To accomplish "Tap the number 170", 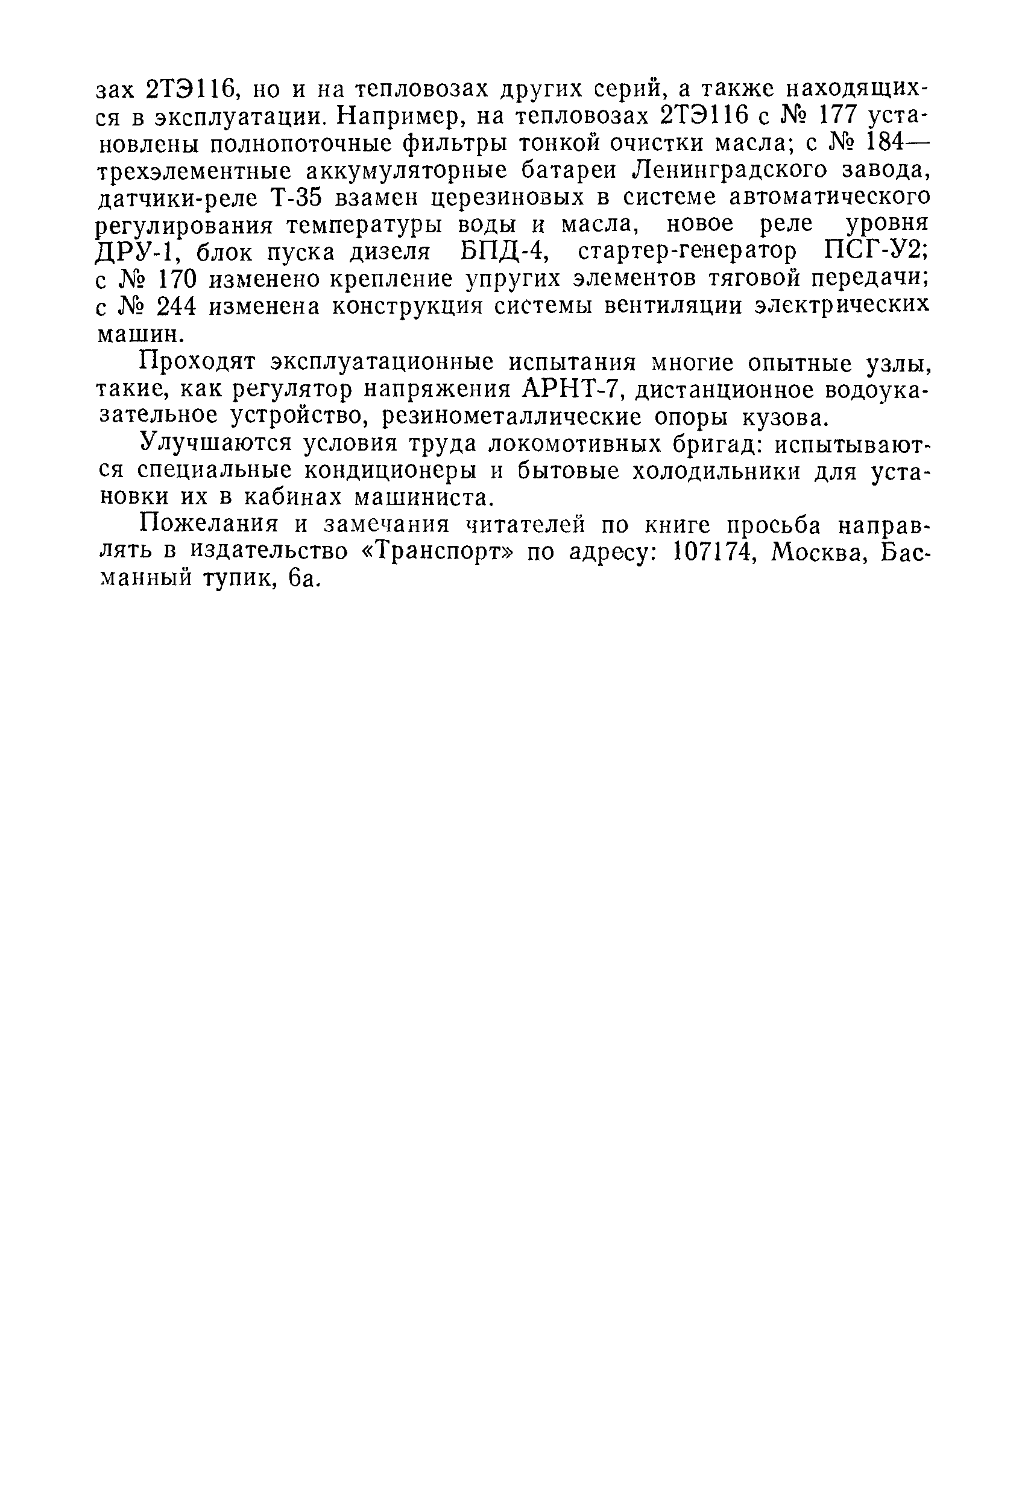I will click(173, 279).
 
